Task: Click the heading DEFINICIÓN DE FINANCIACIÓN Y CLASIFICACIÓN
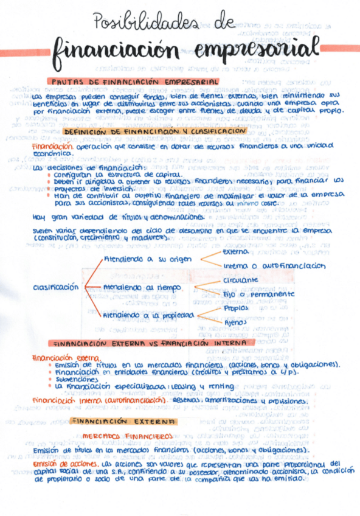point(154,131)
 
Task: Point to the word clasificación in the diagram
point(55,286)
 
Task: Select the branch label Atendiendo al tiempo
point(136,287)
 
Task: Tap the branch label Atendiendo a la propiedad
point(148,316)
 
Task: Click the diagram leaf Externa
point(235,251)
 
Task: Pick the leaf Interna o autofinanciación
point(274,267)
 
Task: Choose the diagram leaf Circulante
point(240,281)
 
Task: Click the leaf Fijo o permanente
point(258,295)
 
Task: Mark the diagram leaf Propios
point(235,308)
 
